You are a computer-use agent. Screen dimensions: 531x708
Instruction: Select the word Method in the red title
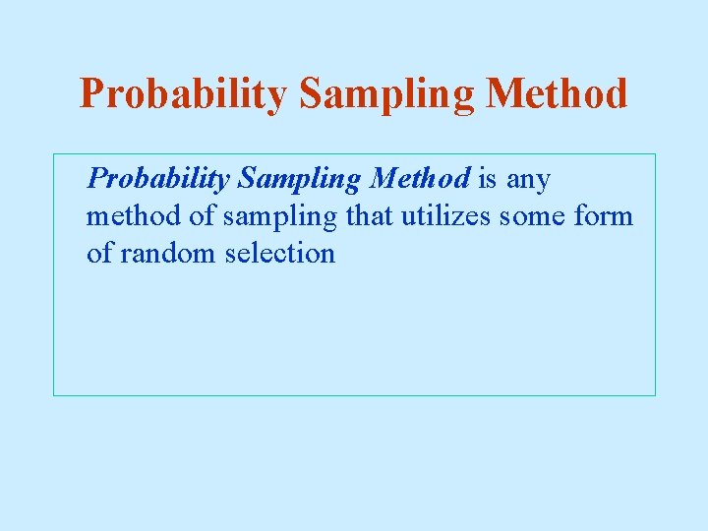pos(557,94)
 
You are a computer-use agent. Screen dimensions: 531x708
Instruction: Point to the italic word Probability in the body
pos(157,180)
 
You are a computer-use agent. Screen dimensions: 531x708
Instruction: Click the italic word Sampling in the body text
pos(300,180)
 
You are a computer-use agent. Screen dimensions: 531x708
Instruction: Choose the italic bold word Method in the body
pos(420,179)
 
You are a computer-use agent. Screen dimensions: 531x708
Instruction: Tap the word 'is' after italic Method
pos(488,179)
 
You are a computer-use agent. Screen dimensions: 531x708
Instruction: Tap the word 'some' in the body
pos(532,216)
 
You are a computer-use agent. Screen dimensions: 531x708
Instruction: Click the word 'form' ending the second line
pos(604,215)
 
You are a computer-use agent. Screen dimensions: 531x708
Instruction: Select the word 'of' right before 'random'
pos(99,253)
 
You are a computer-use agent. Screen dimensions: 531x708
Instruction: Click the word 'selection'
pos(280,253)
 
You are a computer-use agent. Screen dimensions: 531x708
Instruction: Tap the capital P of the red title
pos(92,94)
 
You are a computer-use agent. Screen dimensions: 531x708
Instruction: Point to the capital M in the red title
pos(506,94)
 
